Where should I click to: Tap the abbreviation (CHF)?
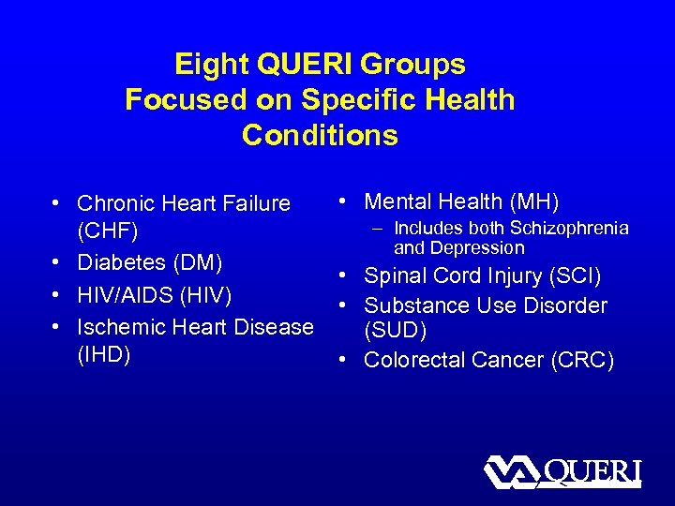tap(108, 231)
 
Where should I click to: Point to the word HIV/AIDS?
tap(119, 295)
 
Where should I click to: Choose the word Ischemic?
tap(117, 327)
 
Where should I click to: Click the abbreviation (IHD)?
tap(104, 355)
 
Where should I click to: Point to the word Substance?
tap(408, 305)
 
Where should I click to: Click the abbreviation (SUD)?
tap(397, 333)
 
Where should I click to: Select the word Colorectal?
tap(412, 360)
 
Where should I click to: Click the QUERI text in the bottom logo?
tap(592, 471)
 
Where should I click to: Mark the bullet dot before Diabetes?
tap(57, 263)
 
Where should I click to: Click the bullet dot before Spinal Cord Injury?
tap(345, 276)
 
